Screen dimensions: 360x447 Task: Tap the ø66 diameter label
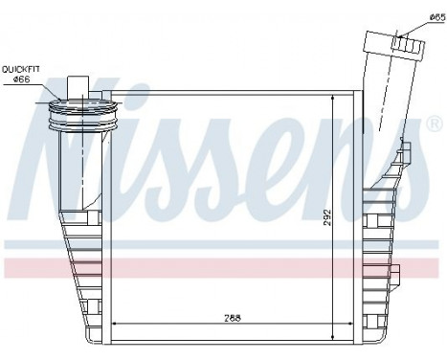pyautogui.click(x=22, y=79)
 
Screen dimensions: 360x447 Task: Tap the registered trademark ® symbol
pyautogui.click(x=433, y=124)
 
